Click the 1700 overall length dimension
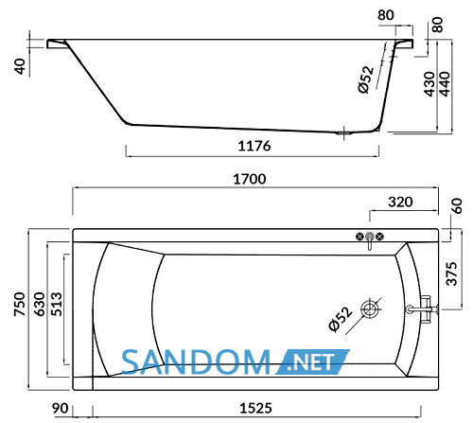tap(250, 179)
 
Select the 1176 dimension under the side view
tap(254, 146)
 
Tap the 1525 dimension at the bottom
tap(255, 408)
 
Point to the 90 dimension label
tap(60, 408)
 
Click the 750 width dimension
tap(20, 304)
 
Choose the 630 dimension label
tap(40, 304)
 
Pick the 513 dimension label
tap(57, 304)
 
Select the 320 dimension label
tap(400, 202)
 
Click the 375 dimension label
tap(451, 273)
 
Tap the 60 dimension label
tap(457, 206)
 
